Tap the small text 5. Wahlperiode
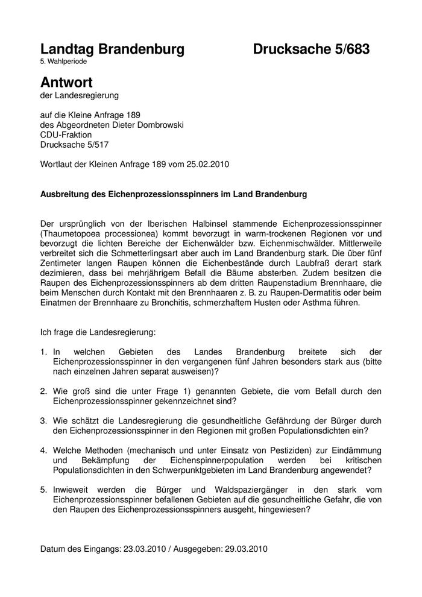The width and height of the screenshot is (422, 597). [63, 62]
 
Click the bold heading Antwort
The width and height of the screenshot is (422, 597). [66, 82]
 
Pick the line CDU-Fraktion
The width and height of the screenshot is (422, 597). [66, 134]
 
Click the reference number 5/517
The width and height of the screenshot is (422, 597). [98, 145]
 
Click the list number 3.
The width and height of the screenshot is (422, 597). [43, 420]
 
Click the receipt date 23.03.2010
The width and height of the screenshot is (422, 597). [143, 549]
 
